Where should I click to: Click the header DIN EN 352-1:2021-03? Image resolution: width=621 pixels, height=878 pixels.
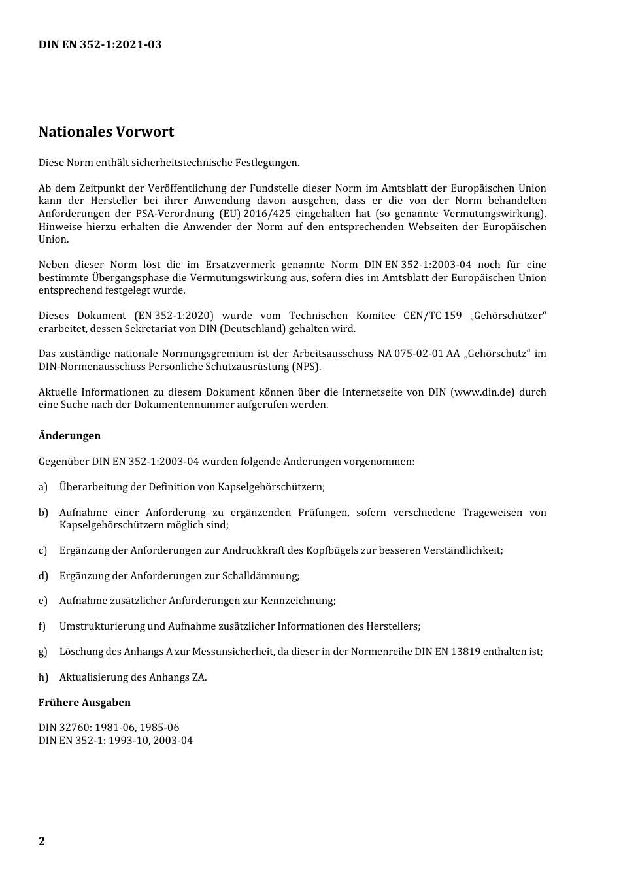pos(100,44)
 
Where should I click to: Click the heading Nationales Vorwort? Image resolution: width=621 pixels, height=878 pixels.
pos(106,131)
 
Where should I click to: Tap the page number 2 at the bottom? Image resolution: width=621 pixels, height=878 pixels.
pos(42,841)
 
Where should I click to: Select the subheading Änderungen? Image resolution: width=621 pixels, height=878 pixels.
pos(69,435)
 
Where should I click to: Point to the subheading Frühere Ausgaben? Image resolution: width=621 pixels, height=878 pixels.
pos(84,702)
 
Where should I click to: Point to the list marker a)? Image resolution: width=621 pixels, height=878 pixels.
pos(43,486)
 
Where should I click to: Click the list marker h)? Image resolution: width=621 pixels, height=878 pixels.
pos(43,677)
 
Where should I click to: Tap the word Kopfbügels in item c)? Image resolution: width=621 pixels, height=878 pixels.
pos(333,550)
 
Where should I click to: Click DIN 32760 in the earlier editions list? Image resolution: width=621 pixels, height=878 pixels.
pos(63,727)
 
